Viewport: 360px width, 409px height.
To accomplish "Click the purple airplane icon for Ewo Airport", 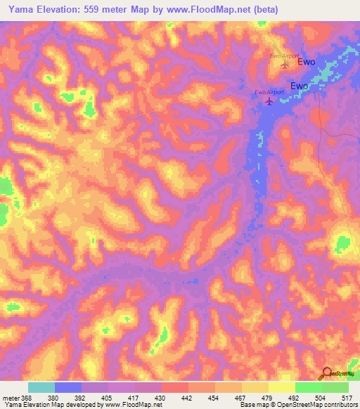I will tap(269, 103).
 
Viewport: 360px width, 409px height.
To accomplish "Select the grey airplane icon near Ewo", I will tap(285, 65).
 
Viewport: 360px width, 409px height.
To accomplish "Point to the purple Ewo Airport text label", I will tap(269, 92).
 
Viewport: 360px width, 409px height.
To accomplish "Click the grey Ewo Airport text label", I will tap(285, 56).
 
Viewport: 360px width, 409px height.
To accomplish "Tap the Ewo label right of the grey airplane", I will tap(307, 62).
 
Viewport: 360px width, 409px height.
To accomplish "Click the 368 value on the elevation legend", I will tap(27, 397).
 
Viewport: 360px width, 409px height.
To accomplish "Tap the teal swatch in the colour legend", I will tap(41, 387).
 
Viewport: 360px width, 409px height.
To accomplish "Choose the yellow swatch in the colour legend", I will tap(281, 387).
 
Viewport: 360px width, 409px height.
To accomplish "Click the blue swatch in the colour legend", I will tap(68, 387).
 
